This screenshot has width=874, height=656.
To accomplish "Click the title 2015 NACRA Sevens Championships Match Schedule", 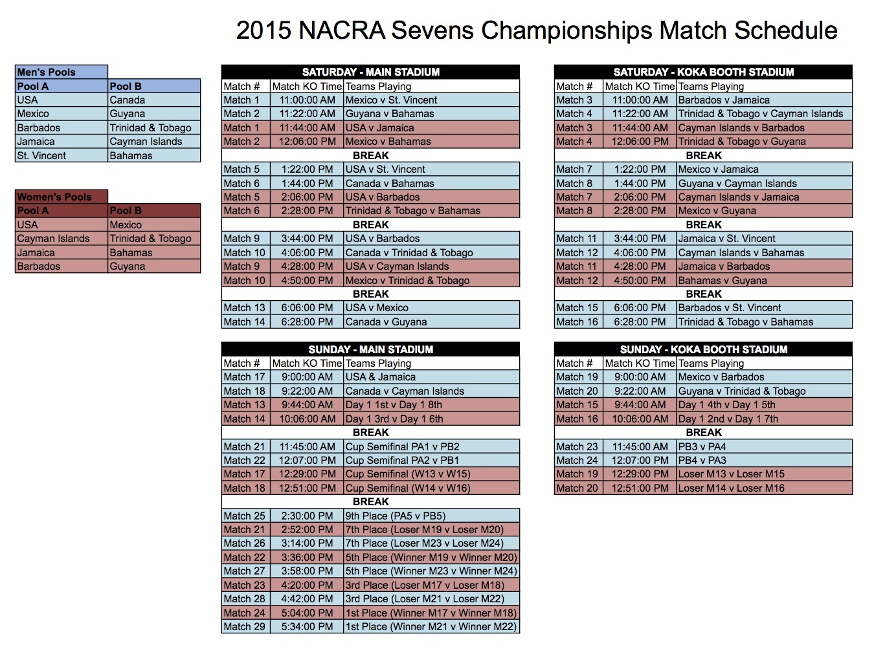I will coord(536,30).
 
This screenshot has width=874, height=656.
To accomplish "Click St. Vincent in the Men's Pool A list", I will coord(41,155).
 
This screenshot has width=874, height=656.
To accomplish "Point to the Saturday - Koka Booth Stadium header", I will coord(703,72).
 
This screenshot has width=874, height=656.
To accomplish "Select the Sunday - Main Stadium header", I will coord(370,349).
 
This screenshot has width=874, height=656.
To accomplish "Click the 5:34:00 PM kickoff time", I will coord(307,626).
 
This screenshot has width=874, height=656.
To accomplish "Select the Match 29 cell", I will coord(245,626).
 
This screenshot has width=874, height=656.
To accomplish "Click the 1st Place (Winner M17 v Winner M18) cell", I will coord(431,613).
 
